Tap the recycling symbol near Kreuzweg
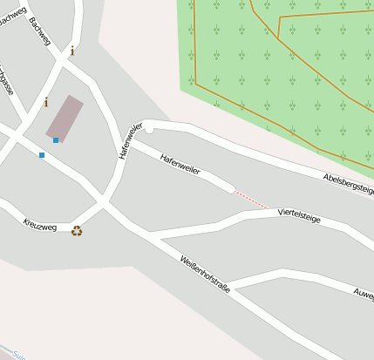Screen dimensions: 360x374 click(77, 231)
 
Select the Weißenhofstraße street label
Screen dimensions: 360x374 click(206, 274)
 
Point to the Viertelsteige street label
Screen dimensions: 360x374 click(299, 215)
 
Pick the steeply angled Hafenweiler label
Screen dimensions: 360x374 click(129, 141)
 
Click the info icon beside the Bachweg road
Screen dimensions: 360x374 click(72, 51)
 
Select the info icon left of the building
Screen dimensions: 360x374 click(46, 102)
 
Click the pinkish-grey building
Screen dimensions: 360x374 click(65, 117)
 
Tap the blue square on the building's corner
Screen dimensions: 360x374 click(56, 139)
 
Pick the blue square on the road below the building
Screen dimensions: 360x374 click(41, 155)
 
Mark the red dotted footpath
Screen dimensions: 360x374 click(252, 199)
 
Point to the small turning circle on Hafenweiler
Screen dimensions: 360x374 click(150, 129)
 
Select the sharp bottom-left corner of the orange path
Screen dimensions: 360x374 click(194, 84)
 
